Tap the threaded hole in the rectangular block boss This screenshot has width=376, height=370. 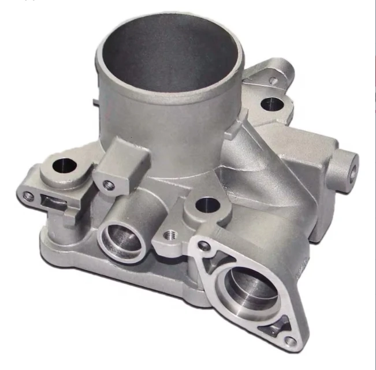(x=108, y=185)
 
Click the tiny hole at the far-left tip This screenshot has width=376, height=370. (x=27, y=196)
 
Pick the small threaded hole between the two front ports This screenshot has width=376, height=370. (x=171, y=235)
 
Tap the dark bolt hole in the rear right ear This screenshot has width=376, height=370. (x=270, y=105)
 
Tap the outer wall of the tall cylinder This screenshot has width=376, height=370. (x=150, y=115)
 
